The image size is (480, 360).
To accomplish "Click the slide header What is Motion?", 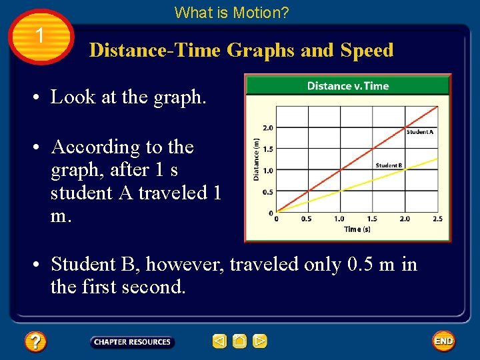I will (x=231, y=12).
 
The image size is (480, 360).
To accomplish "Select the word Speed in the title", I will (x=366, y=51).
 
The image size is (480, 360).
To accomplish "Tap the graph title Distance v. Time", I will (x=347, y=85).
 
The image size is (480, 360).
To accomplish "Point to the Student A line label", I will (x=419, y=132).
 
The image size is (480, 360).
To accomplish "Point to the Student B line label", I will (x=389, y=165).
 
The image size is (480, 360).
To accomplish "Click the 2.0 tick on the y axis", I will (x=268, y=127).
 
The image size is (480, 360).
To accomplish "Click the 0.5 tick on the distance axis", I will (x=268, y=192).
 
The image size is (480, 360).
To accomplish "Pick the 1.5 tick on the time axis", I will (x=372, y=219).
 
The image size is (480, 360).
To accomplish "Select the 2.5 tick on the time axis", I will (x=437, y=219).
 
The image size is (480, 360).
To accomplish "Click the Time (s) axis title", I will (x=357, y=229).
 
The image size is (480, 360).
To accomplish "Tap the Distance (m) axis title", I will (x=256, y=159).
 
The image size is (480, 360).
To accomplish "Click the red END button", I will (x=443, y=341).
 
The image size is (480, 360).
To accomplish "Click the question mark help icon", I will (x=35, y=342).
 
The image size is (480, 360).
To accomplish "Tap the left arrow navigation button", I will (x=219, y=341).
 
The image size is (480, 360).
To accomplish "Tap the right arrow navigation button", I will (x=260, y=341).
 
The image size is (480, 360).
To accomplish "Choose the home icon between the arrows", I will (x=240, y=341).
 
